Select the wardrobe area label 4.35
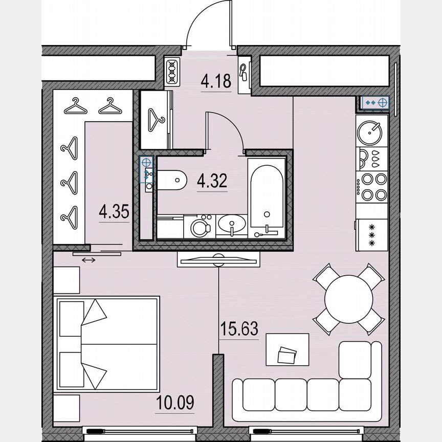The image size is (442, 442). pyautogui.click(x=114, y=212)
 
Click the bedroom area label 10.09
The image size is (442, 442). pyautogui.click(x=174, y=403)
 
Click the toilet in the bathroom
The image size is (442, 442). pyautogui.click(x=171, y=180)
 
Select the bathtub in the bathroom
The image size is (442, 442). pyautogui.click(x=266, y=197)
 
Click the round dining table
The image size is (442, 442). pyautogui.click(x=348, y=299)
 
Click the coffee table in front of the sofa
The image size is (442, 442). pyautogui.click(x=287, y=349)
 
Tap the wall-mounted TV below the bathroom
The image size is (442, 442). pyautogui.click(x=218, y=259)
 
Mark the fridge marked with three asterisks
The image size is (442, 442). pyautogui.click(x=372, y=234)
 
